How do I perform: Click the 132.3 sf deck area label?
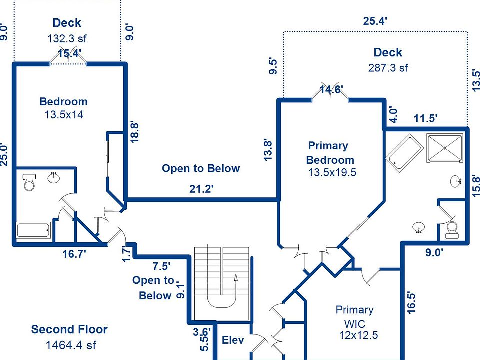[67, 38]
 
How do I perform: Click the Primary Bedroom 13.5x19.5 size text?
[332, 173]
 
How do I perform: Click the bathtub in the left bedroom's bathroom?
[33, 231]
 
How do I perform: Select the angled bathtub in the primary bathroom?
[404, 153]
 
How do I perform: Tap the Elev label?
[233, 340]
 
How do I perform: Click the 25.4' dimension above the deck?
[375, 21]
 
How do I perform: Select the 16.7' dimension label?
[74, 254]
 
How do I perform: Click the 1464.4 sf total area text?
[70, 345]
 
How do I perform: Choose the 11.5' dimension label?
[426, 119]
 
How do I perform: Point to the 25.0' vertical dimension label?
[5, 155]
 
